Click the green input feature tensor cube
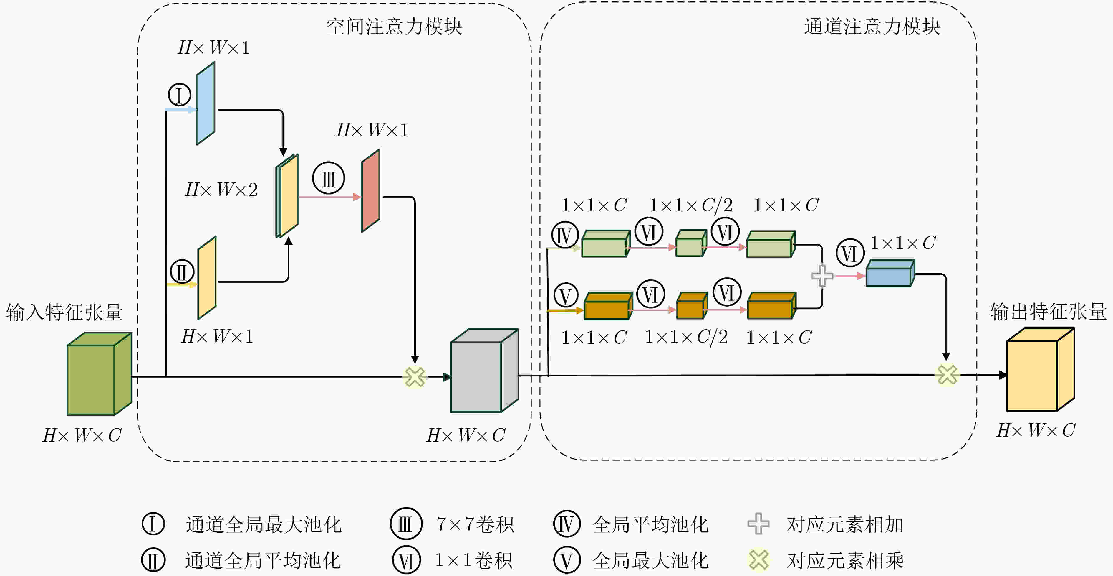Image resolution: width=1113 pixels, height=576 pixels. (x=100, y=373)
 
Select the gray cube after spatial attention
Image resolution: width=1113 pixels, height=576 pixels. (x=484, y=371)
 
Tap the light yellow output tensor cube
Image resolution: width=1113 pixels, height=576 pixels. (x=1040, y=369)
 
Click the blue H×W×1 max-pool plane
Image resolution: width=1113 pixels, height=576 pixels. (x=206, y=103)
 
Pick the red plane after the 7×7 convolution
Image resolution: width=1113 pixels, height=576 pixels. (x=371, y=191)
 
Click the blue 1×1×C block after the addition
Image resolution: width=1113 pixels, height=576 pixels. (x=890, y=273)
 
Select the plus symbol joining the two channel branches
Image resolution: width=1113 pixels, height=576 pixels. (x=822, y=276)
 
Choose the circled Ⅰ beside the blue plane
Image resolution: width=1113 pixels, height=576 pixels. (x=179, y=95)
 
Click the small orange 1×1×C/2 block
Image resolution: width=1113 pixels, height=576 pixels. (x=692, y=306)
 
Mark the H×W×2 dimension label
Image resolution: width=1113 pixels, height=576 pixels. (x=221, y=190)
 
